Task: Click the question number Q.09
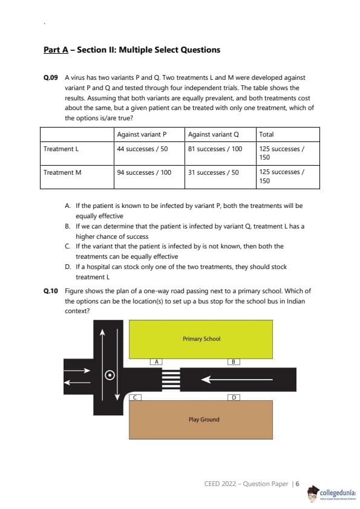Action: [50, 77]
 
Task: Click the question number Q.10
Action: [50, 291]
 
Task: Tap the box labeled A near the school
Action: [156, 361]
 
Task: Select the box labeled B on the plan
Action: [234, 361]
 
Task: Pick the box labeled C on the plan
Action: [135, 397]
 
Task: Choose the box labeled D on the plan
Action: [234, 397]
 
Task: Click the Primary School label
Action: [201, 339]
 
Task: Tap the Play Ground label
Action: [204, 420]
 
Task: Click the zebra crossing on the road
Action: [171, 380]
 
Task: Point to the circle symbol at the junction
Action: [110, 375]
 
